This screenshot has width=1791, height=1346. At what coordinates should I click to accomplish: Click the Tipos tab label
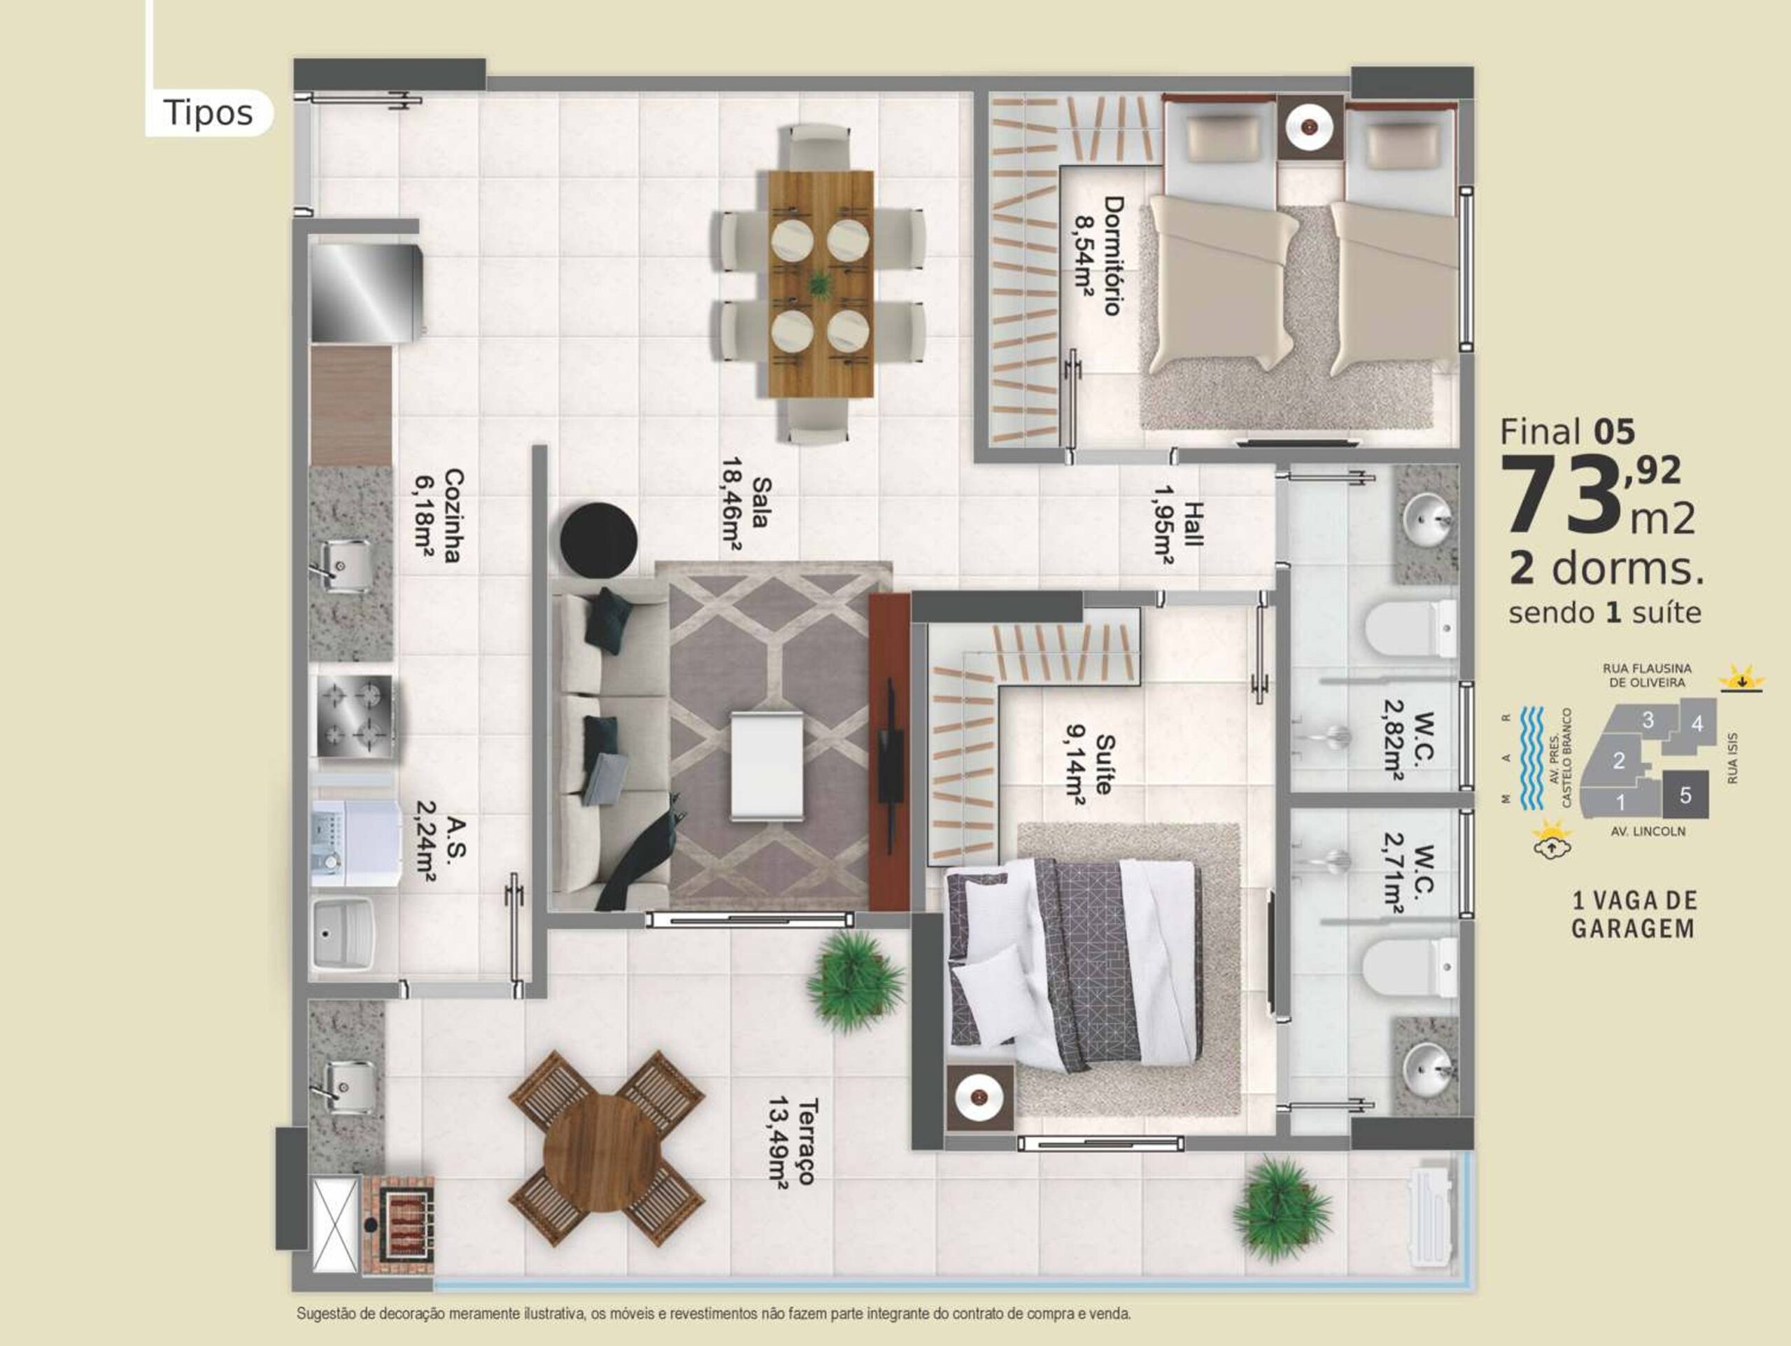click(208, 113)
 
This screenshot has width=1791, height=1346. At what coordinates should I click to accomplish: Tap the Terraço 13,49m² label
click(791, 1142)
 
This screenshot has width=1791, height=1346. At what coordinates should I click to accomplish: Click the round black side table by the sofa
click(598, 540)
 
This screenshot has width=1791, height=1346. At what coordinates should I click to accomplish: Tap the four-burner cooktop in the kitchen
click(354, 716)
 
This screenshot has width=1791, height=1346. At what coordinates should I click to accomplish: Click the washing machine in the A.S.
click(357, 843)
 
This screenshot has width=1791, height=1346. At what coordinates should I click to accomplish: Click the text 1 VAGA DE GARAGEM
click(1634, 914)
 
